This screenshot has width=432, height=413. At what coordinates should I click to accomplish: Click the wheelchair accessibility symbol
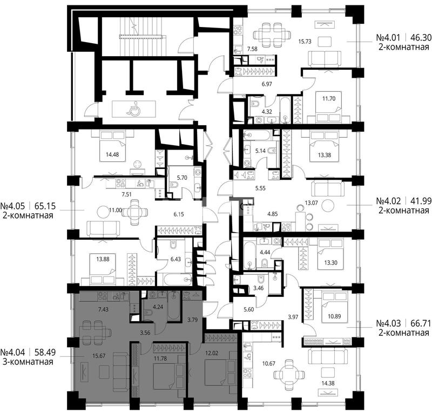133,108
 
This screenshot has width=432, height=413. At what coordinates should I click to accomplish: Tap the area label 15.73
305,42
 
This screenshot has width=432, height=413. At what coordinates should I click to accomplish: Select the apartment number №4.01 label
388,37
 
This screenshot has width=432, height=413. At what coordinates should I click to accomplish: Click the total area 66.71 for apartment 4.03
421,323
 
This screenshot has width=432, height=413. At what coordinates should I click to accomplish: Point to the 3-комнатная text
28,362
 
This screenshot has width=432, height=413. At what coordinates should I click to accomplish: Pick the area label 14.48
112,154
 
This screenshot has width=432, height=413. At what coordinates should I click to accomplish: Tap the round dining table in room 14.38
289,375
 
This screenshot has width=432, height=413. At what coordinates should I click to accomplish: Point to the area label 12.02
212,353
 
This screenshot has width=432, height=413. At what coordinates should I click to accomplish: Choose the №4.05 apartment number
12,206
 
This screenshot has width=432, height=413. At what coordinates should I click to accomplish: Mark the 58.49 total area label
45,352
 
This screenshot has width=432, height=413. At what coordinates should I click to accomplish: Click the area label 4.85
273,214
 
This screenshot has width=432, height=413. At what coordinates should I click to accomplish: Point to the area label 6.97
267,84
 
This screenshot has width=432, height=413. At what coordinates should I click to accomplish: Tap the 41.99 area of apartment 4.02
421,201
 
